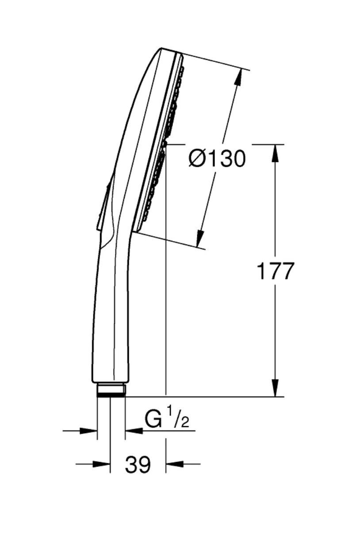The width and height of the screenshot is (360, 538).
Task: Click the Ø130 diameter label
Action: [x=217, y=159]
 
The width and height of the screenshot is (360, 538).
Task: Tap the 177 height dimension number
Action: [x=275, y=271]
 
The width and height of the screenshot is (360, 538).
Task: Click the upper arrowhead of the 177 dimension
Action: [x=276, y=153]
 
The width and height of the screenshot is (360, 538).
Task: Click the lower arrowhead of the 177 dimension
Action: [x=276, y=388]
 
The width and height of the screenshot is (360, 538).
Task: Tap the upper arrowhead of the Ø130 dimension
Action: [x=239, y=77]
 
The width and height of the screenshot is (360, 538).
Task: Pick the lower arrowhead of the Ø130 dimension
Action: [x=200, y=238]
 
